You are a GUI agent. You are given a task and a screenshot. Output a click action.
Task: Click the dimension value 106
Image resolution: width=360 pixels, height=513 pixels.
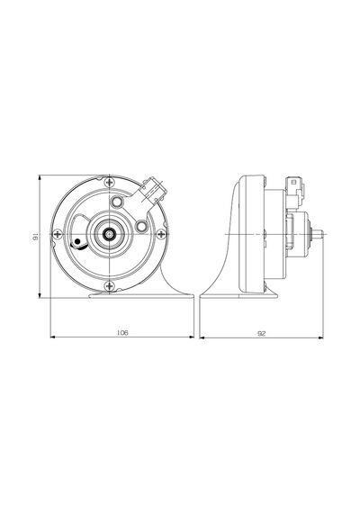122,333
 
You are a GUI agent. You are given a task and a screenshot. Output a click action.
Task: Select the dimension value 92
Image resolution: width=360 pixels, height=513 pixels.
262,333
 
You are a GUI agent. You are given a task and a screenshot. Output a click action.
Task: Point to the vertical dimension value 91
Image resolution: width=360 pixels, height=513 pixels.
35,237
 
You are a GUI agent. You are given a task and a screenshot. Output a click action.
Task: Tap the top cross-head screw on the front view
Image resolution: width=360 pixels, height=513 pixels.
109,182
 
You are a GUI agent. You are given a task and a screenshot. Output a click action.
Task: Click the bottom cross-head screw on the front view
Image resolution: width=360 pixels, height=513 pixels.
109,286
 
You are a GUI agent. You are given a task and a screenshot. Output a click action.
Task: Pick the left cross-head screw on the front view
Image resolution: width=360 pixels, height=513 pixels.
58,234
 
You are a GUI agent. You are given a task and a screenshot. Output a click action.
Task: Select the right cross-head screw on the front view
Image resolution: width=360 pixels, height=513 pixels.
161,234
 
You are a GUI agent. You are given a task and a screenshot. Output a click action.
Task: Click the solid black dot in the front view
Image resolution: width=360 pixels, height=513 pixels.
77,242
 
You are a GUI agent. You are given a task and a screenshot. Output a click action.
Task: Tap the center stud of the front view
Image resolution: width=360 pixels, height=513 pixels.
108,234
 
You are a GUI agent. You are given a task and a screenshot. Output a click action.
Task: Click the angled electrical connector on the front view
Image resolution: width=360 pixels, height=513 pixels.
152,191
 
